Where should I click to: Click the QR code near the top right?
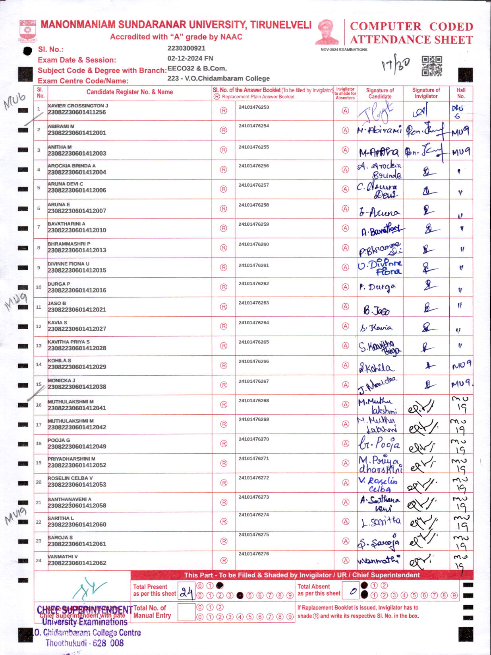point(431,66)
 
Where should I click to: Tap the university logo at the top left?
point(27,31)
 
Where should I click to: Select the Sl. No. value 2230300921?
point(186,48)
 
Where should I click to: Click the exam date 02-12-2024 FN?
point(190,58)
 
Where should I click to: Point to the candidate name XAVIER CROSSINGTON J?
point(78,106)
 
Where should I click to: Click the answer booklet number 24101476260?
point(253,244)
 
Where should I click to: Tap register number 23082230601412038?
point(77,387)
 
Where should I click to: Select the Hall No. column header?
point(461,93)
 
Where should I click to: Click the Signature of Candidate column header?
point(380,93)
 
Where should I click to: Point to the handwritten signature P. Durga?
point(377,287)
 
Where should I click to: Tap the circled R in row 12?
point(224,326)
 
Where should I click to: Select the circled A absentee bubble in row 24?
point(346,560)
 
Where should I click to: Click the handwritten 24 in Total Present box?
point(186,593)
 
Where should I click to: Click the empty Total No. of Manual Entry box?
point(186,612)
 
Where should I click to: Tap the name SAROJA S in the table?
point(60,538)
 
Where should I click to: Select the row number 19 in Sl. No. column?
point(39,463)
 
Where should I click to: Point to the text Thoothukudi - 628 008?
point(85,643)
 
